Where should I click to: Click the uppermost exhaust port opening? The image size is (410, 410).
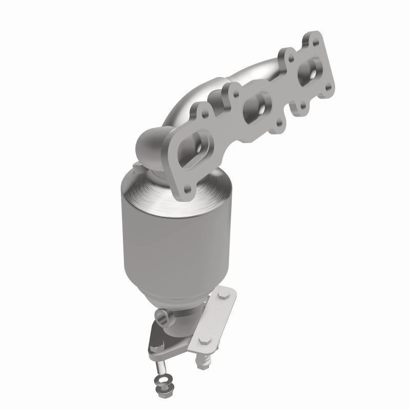[x=309, y=69]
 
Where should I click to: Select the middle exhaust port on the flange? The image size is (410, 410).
[x=254, y=104]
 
